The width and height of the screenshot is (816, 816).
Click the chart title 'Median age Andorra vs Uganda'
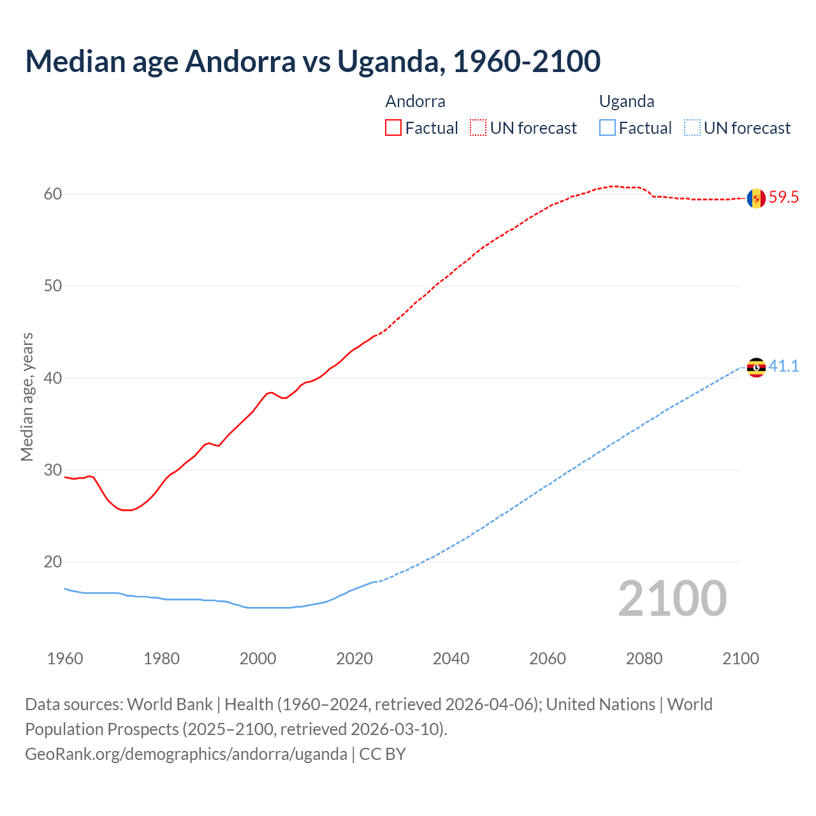point(312,61)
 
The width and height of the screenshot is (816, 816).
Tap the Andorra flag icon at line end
point(756,198)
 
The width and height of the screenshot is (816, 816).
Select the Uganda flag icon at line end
point(756,367)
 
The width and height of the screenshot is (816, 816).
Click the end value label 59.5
point(783,198)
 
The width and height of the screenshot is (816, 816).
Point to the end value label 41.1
point(783,367)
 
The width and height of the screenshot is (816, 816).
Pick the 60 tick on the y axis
point(53,194)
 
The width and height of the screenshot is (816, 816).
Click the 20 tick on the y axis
point(53,562)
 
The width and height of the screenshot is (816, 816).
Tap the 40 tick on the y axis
point(53,379)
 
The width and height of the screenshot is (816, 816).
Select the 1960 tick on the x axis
point(65,659)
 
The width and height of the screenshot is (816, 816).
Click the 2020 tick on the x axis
point(354,659)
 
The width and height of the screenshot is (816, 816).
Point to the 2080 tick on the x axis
point(644,659)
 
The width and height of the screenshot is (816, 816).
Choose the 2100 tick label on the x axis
point(740,659)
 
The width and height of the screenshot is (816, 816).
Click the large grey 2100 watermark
point(672,598)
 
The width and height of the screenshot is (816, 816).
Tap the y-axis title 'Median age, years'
point(27,397)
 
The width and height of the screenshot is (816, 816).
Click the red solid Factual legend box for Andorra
point(393,128)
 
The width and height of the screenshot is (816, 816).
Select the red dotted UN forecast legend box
point(478,128)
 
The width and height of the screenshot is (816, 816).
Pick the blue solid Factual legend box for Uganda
point(608,128)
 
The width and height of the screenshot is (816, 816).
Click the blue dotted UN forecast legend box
point(692,128)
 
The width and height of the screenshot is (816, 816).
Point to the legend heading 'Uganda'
point(627,101)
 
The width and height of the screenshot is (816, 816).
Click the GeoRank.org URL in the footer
point(186,754)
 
